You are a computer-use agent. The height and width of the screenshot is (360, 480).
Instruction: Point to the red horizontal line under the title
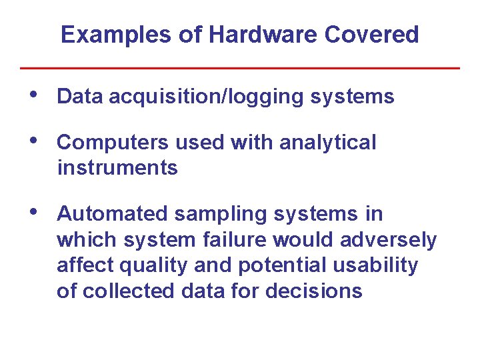point(240,68)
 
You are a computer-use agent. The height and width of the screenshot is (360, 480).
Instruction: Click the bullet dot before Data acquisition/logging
point(37,96)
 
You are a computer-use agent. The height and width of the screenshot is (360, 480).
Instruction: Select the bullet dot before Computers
point(37,141)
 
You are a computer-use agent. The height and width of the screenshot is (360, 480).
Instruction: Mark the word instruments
point(117,168)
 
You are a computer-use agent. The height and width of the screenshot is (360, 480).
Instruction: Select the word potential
point(270,266)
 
